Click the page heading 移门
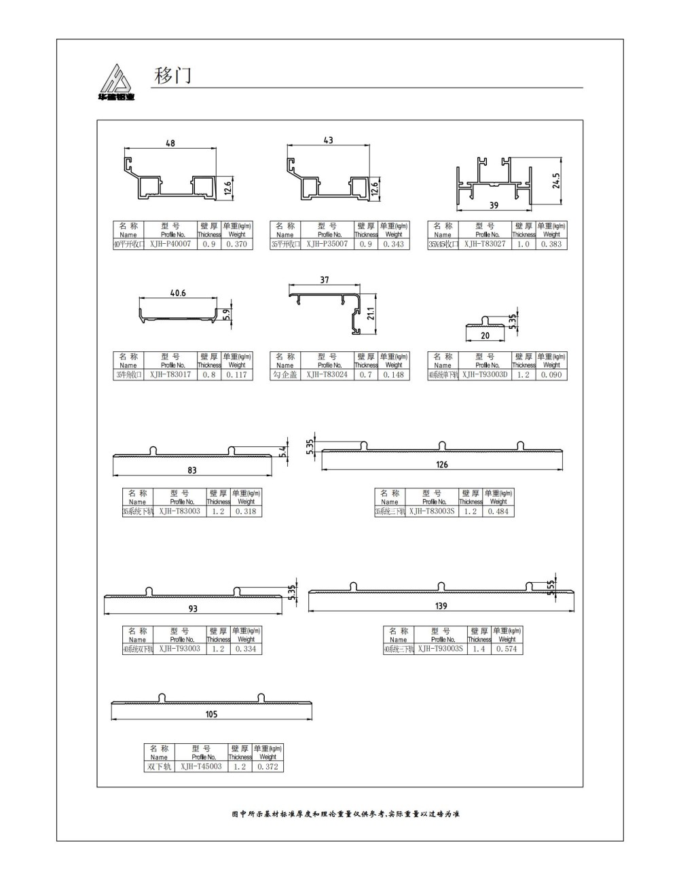point(172,75)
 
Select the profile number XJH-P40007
point(170,244)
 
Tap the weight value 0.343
point(394,244)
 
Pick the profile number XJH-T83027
point(485,244)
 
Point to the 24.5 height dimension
point(557,181)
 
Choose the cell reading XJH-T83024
point(327,374)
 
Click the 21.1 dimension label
point(371,312)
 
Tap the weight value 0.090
point(551,374)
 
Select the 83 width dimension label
point(192,470)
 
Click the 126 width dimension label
point(442,465)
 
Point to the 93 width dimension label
point(193,609)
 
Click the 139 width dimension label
point(441,606)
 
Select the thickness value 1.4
point(479,649)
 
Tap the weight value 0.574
point(507,649)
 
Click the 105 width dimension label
point(211,714)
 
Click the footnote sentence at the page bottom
point(346,814)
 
